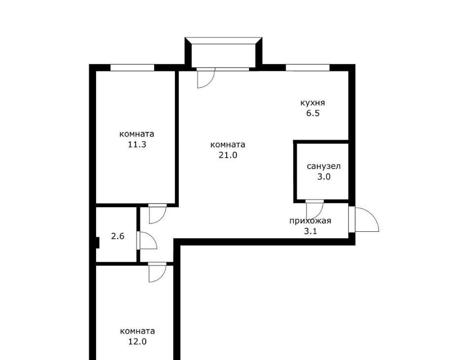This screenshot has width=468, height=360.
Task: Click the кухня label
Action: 312,103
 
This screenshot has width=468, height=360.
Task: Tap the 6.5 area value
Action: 313,113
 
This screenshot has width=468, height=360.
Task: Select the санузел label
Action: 324,166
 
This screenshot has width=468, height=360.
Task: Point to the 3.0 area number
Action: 324,177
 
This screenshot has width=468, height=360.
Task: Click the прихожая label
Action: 310,221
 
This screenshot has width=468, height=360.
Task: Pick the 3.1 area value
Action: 310,231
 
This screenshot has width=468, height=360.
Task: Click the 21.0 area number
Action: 228,155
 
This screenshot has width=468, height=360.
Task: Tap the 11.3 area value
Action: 137,144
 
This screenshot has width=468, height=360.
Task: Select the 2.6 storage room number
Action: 118,236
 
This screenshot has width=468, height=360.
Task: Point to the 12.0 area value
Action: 137,341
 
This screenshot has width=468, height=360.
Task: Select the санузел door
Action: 314,209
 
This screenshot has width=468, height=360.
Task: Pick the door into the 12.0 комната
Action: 157,272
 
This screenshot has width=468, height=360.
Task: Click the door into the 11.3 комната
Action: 157,214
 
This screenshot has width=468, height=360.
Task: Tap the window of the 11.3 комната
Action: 132,68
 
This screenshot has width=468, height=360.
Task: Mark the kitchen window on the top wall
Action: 308,68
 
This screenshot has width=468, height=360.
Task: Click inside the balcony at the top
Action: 224,56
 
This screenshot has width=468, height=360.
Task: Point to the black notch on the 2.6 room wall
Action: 97,243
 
